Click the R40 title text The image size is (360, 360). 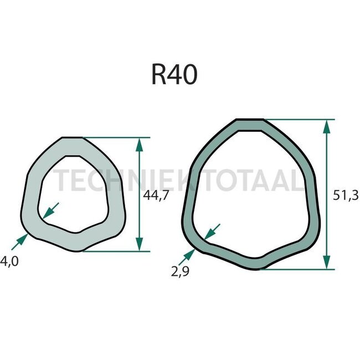pyautogui.click(x=174, y=75)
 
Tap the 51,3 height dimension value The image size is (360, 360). pyautogui.click(x=347, y=194)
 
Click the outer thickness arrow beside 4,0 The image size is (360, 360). pyautogui.click(x=20, y=240)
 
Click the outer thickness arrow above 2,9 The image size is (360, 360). pyautogui.click(x=188, y=256)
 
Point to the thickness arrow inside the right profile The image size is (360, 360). pyautogui.click(x=212, y=232)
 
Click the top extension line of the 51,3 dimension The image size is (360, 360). pyautogui.click(x=299, y=119)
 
